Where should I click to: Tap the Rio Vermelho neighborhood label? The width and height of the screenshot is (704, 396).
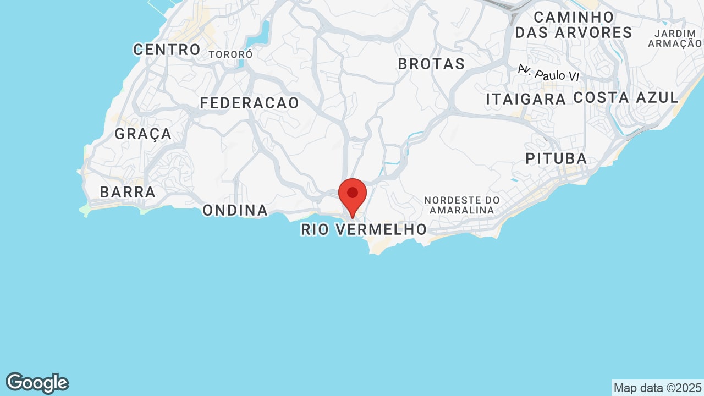[x=364, y=229]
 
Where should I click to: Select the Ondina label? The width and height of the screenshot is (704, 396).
[x=235, y=210]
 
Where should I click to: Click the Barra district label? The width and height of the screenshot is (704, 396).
[x=128, y=192]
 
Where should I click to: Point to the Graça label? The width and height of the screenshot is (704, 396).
[x=143, y=134]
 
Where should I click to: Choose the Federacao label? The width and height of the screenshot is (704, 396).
[x=249, y=103]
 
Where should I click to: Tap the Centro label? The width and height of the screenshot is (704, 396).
[x=167, y=50]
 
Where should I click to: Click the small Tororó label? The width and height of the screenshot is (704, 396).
[x=230, y=54]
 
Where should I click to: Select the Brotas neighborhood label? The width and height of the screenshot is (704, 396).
[x=431, y=64]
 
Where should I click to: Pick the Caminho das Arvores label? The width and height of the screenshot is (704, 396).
[x=573, y=25]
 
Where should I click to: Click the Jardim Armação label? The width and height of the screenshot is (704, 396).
[x=675, y=39]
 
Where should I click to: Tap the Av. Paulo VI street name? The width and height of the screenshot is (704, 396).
[x=549, y=73]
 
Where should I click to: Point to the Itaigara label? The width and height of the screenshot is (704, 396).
[x=526, y=99]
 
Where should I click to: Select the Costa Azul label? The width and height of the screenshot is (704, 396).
[x=626, y=97]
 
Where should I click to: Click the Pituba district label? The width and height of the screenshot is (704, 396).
[x=556, y=158]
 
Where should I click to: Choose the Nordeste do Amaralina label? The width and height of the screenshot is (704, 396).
[x=462, y=205]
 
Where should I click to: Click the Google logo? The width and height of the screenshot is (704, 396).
[x=37, y=383]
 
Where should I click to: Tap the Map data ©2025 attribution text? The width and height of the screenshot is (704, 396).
[x=657, y=388]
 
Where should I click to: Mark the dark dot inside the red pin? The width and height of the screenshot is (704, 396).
[x=353, y=193]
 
